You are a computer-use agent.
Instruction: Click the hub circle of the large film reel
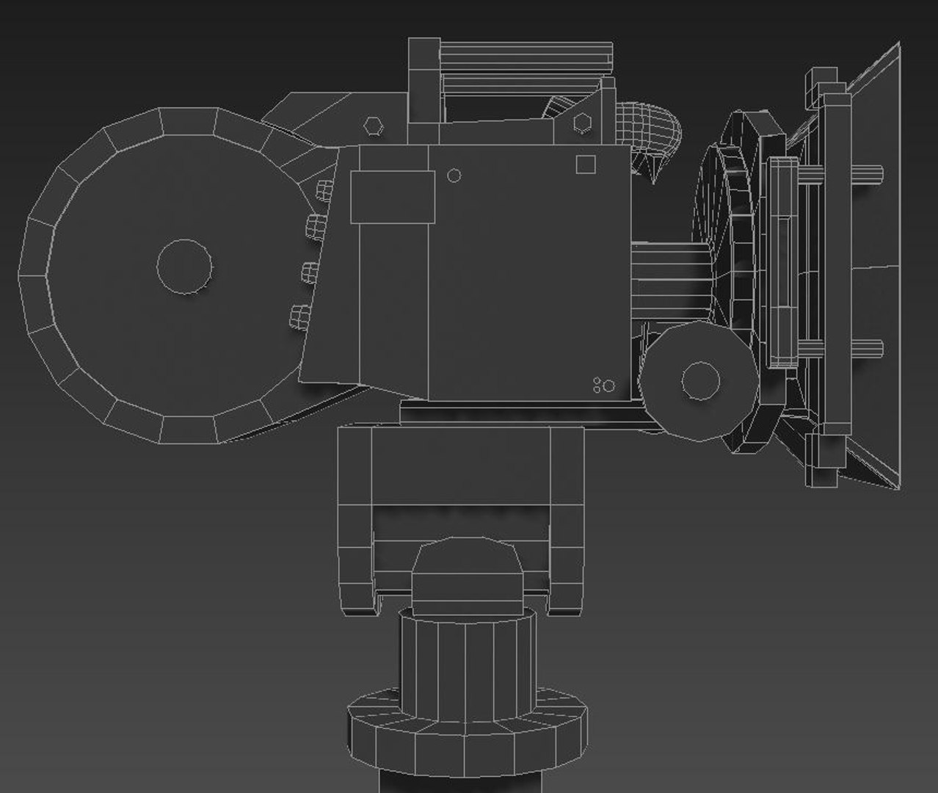(x=184, y=266)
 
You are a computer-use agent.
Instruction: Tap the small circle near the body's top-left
(x=454, y=175)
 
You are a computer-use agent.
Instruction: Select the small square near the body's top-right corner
(x=585, y=164)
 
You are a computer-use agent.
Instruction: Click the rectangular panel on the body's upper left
(x=393, y=196)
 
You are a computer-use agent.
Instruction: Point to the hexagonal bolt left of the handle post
(x=373, y=126)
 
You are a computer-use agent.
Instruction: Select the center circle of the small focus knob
(x=700, y=380)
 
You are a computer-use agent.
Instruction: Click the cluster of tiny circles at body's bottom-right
(x=604, y=385)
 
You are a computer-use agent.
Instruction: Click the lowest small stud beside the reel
(x=299, y=317)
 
